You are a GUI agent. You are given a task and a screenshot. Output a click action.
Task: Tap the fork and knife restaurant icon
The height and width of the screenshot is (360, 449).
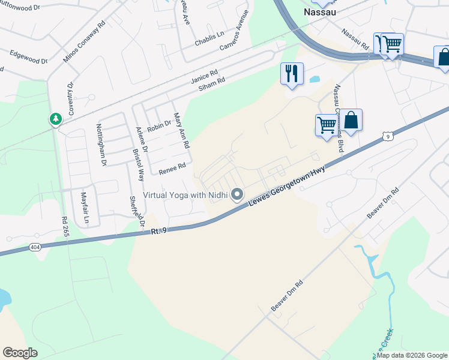(x=292, y=74)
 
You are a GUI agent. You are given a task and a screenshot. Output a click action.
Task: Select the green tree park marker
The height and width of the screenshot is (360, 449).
(x=56, y=119)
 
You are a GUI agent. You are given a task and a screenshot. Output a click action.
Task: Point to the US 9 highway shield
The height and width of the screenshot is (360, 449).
(x=388, y=137)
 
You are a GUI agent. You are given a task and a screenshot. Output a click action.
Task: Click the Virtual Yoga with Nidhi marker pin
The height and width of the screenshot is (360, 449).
(x=237, y=194)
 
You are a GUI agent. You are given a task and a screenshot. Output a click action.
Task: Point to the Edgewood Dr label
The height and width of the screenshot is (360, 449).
(x=28, y=57)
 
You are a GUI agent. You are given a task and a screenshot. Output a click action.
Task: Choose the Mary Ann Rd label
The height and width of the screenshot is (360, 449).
(x=181, y=131)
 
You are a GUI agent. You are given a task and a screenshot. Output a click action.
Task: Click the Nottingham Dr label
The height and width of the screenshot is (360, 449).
(x=101, y=145)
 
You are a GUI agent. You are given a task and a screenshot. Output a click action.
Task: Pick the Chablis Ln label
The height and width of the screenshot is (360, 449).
(x=209, y=40)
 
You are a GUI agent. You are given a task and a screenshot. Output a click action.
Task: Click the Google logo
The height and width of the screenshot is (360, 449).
(x=20, y=353)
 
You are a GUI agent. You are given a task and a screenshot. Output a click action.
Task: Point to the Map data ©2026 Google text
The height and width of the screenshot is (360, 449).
(x=411, y=355)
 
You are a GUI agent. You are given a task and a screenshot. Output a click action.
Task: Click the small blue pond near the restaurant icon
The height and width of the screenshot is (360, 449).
(x=314, y=79)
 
